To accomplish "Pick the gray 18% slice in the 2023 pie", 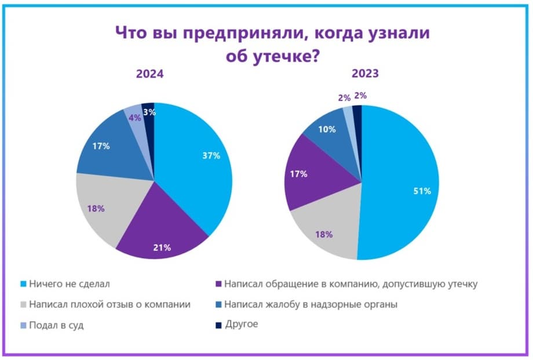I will pos(324,232).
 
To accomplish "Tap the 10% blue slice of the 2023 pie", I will pos(328,130).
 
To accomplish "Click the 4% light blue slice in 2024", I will pos(134,116).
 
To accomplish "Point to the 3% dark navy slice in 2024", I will pos(149,113).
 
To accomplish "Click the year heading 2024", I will pos(149,74).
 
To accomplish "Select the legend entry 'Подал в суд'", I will pos(56,325).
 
